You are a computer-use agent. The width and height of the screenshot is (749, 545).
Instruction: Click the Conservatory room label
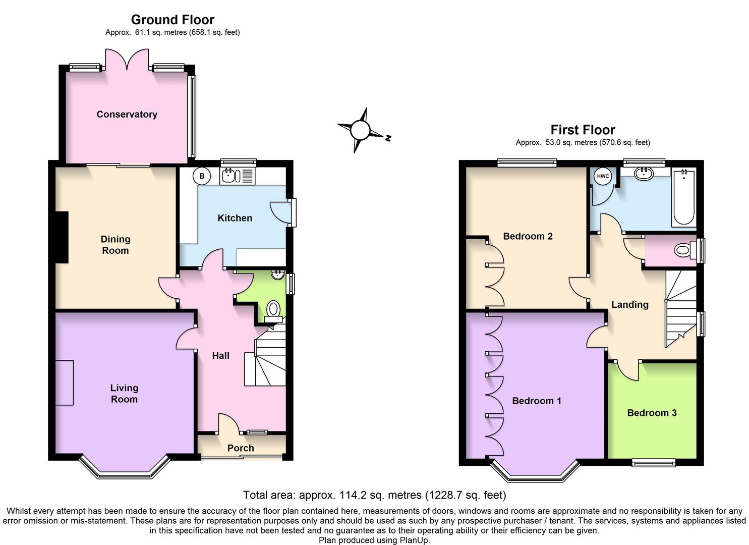click(x=127, y=115)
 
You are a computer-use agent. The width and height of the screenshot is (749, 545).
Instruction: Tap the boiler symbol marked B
click(x=202, y=176)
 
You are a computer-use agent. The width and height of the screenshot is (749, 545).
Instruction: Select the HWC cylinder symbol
click(x=603, y=176)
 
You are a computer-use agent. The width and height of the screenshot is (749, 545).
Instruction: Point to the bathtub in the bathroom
click(x=683, y=198)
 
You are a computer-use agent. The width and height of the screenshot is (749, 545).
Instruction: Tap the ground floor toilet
click(x=273, y=308)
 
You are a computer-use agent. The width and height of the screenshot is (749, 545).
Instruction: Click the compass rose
click(x=361, y=130)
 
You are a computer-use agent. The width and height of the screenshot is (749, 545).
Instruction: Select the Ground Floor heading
click(x=172, y=20)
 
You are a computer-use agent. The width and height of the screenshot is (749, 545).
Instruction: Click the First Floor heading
click(x=583, y=130)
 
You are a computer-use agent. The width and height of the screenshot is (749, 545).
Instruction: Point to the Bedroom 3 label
click(x=652, y=413)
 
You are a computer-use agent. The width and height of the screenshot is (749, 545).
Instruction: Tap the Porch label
click(x=241, y=448)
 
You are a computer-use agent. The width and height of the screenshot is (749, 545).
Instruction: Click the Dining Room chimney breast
click(x=62, y=237)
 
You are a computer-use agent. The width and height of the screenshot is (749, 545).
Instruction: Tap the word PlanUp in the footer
click(x=414, y=540)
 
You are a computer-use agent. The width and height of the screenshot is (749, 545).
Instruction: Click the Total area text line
click(x=374, y=495)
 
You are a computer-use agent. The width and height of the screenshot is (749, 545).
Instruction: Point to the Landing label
click(x=629, y=304)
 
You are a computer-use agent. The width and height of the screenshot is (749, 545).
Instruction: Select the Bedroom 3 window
click(x=654, y=462)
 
